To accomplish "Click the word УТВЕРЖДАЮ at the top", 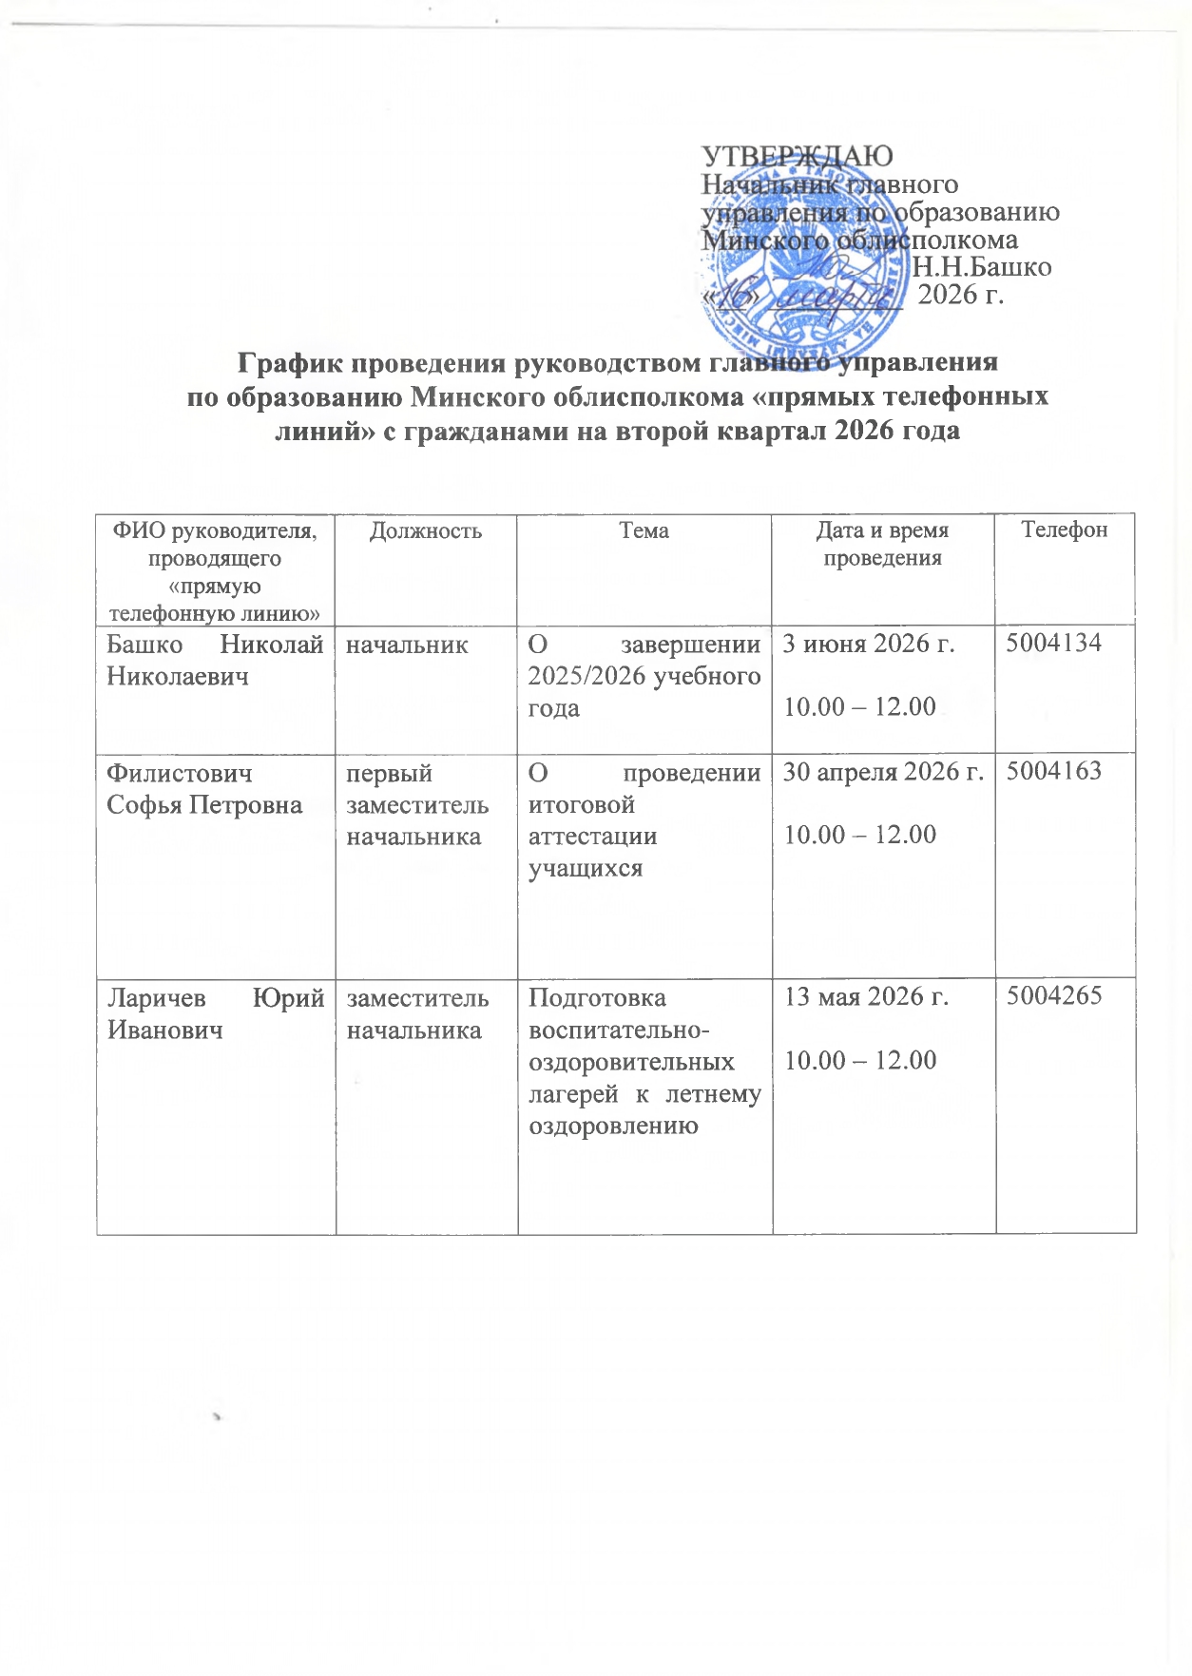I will tap(797, 156).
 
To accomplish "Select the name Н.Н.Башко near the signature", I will tap(982, 267).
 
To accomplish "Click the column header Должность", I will tap(425, 530).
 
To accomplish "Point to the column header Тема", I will tap(644, 530).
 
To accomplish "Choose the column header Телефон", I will tap(1064, 530).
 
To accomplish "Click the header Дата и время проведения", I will tap(882, 544).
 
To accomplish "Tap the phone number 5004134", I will tap(1054, 644).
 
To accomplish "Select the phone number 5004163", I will tap(1054, 771).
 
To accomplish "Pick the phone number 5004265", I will tap(1054, 996).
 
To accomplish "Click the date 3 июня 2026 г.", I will tap(868, 645).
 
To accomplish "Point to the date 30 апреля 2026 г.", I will tap(883, 772).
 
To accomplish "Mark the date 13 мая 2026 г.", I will tap(866, 997).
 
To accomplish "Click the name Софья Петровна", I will tap(204, 805).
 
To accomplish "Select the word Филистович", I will tap(180, 773).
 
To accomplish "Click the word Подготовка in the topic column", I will tap(597, 998).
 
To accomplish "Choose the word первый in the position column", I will tap(390, 773).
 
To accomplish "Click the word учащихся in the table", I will tap(586, 869).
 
